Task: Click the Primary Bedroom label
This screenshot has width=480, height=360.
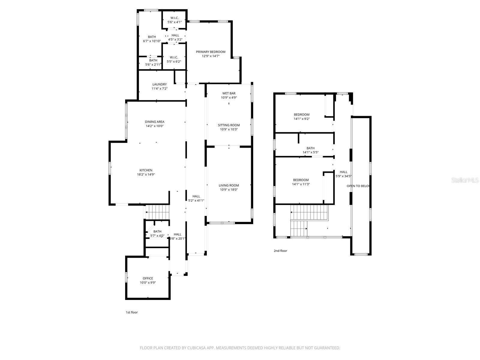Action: point(211,52)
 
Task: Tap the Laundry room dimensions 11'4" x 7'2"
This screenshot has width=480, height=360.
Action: point(159,88)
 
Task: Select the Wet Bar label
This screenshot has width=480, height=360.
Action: point(229,93)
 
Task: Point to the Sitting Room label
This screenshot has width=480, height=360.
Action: point(229,125)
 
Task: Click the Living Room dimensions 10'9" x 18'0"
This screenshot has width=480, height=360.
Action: point(228,190)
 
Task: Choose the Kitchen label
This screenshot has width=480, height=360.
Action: point(146,170)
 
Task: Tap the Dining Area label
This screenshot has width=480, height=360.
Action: point(154,122)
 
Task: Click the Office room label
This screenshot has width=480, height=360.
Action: point(148,278)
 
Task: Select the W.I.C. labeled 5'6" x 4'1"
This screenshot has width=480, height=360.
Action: point(174,20)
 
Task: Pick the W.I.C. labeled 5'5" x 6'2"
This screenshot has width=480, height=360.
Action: point(174,59)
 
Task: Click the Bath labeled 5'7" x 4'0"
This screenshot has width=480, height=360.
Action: point(157,233)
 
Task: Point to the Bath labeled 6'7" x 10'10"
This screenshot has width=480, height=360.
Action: point(152,39)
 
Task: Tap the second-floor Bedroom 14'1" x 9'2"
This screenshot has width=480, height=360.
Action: point(301,116)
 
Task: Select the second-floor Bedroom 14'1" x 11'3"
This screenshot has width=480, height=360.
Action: point(301,182)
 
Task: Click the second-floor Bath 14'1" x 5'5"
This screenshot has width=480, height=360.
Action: point(310,150)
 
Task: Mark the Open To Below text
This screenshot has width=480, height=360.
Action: point(358,186)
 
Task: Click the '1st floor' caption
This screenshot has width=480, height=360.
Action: point(132,312)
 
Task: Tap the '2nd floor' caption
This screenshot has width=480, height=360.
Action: point(280,251)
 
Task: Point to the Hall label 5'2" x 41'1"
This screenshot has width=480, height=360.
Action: point(196,198)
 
